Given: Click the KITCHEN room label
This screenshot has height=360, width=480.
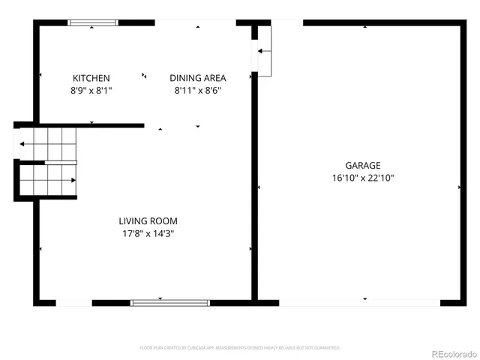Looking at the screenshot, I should (91, 78).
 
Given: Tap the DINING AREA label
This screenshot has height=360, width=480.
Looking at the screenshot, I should (197, 78).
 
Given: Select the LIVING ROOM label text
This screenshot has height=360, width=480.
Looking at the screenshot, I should (148, 220).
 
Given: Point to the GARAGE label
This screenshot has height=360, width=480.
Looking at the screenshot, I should (362, 166).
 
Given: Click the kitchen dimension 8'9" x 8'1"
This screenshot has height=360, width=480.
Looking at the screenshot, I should (91, 90).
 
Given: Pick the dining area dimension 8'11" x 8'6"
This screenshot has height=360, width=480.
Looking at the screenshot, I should (197, 90).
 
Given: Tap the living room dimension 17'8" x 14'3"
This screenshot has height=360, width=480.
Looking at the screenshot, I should (148, 233).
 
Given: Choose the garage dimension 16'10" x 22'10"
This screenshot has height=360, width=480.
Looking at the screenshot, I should (362, 178).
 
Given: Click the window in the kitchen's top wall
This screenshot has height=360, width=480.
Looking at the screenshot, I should (93, 22).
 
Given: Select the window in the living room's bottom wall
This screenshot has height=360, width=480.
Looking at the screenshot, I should (160, 302).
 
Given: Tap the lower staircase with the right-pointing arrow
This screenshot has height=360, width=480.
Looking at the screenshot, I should (47, 180).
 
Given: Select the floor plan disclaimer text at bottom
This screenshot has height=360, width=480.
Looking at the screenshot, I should (240, 348).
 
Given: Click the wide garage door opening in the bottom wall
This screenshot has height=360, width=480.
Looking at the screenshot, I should (359, 302).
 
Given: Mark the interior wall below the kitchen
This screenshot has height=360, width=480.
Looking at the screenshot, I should (90, 126).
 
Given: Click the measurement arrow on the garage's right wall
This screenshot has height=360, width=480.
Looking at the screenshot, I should (459, 187).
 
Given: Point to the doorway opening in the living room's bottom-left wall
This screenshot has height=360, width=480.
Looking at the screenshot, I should (73, 302).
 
